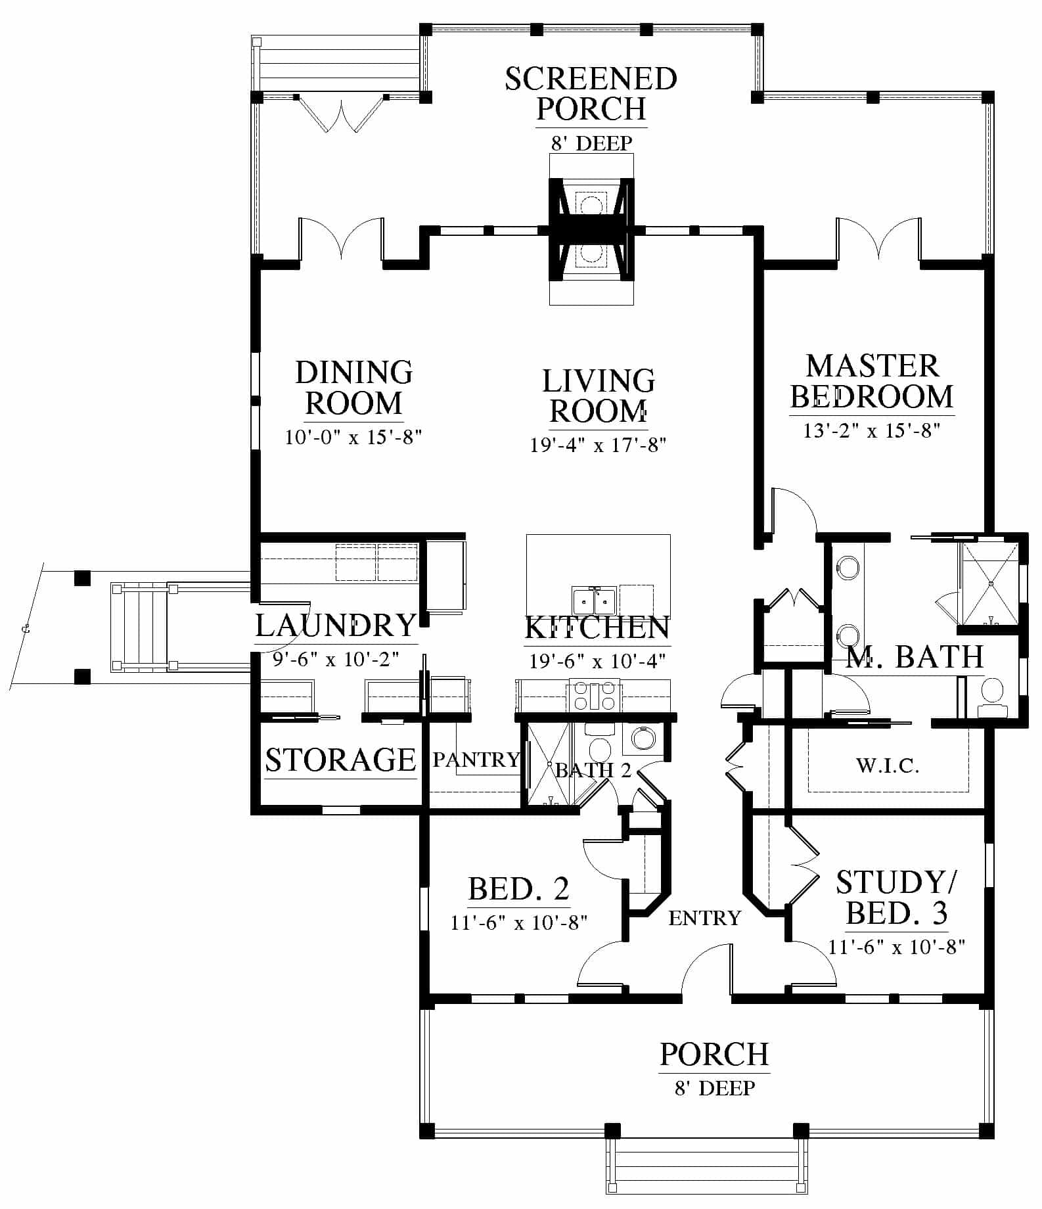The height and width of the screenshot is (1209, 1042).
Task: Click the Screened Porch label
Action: tap(591, 93)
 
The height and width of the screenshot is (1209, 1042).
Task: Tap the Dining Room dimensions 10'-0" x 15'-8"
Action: tap(353, 437)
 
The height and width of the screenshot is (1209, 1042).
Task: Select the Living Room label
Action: tap(599, 396)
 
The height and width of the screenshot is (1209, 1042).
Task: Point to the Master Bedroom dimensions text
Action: tap(872, 431)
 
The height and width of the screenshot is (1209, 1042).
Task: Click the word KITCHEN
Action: tap(597, 627)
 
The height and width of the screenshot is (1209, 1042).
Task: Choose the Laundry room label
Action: tap(336, 625)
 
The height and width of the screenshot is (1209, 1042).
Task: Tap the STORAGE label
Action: tap(340, 760)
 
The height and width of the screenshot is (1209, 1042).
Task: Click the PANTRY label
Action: tap(476, 760)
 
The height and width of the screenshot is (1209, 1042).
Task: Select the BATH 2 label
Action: tap(593, 770)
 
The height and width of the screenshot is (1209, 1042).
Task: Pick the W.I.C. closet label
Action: tap(888, 765)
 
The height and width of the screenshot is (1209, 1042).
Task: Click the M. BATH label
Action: tap(915, 656)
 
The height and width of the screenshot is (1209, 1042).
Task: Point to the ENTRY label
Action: tap(705, 918)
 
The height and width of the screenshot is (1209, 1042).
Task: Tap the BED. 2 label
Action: tap(518, 889)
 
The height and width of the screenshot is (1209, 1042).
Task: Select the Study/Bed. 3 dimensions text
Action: tap(896, 947)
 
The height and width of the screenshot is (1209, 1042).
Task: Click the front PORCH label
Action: tap(714, 1055)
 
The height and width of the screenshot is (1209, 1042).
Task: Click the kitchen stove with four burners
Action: tap(595, 695)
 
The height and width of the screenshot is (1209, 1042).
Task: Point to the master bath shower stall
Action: tap(990, 583)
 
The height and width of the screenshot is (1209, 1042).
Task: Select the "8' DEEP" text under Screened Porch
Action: tap(591, 143)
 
